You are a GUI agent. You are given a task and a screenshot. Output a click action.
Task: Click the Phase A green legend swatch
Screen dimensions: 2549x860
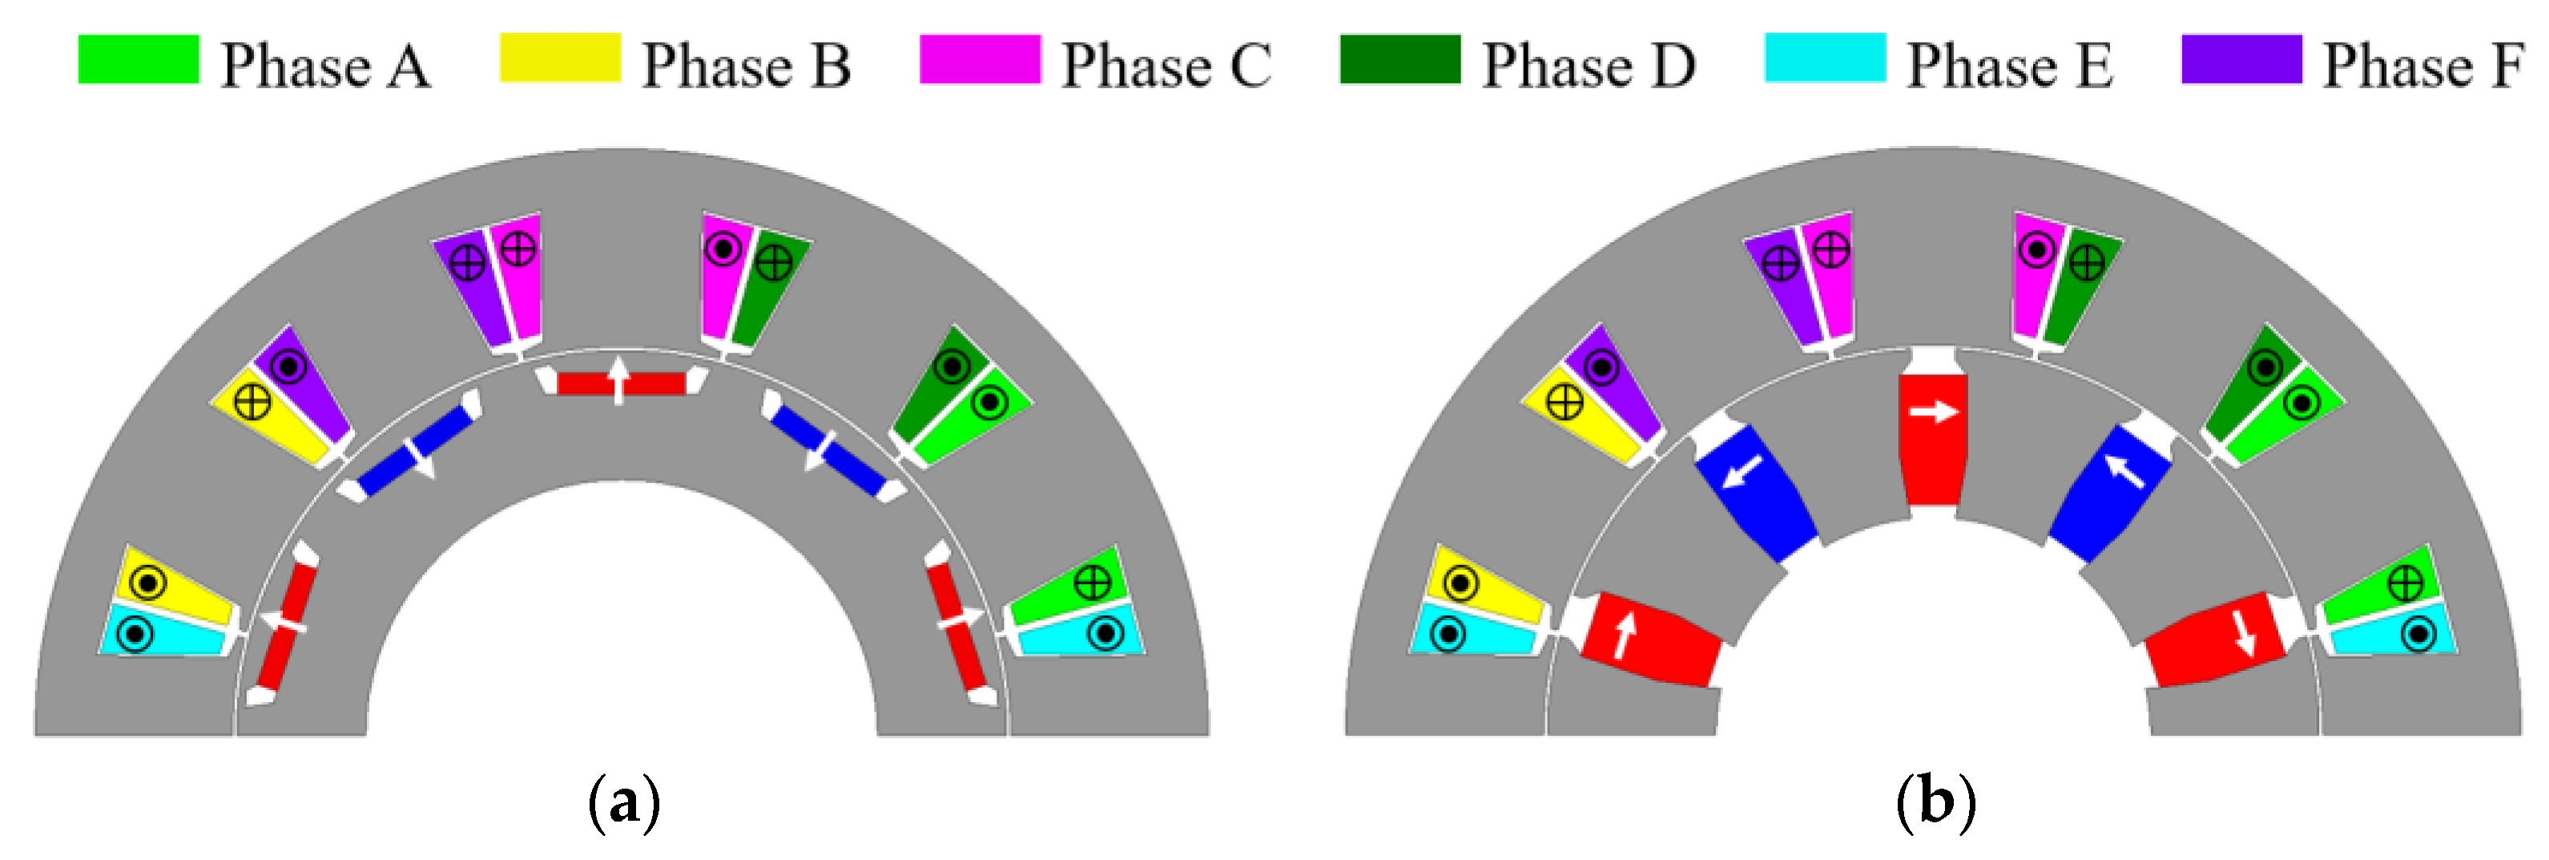139,59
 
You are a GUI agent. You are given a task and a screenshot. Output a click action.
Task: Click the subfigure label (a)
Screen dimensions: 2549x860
623,802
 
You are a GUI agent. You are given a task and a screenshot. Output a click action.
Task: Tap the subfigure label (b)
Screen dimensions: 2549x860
1935,802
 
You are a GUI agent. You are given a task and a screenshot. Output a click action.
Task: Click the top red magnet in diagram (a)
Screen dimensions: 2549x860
622,383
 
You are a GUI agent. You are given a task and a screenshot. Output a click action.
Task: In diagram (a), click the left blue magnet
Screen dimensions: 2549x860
416,451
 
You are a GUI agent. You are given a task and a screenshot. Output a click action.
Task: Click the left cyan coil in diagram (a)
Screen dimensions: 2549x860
163,633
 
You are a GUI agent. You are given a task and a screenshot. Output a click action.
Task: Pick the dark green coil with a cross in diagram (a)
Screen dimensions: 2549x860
770,287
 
